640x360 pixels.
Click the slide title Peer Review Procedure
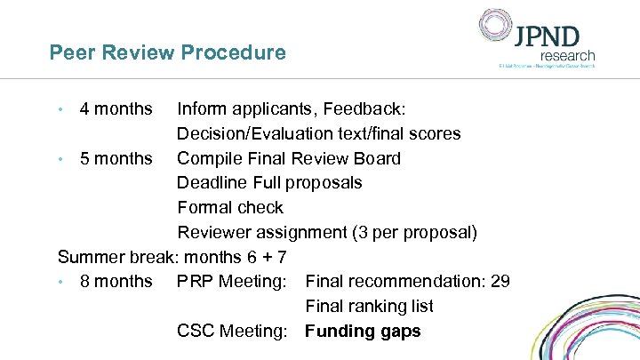(x=167, y=52)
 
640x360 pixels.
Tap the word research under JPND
(x=567, y=55)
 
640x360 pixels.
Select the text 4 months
(x=116, y=109)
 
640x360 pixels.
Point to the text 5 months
(x=116, y=159)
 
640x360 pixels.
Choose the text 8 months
(x=116, y=282)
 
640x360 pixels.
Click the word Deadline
(x=212, y=183)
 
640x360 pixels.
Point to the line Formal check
(x=230, y=208)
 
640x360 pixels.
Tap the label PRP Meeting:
(x=231, y=282)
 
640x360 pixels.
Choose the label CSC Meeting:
(x=232, y=332)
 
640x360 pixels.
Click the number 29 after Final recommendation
(x=500, y=282)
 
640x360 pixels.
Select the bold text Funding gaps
(x=363, y=332)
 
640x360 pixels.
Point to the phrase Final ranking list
(x=369, y=307)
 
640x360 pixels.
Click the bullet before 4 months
(x=60, y=110)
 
